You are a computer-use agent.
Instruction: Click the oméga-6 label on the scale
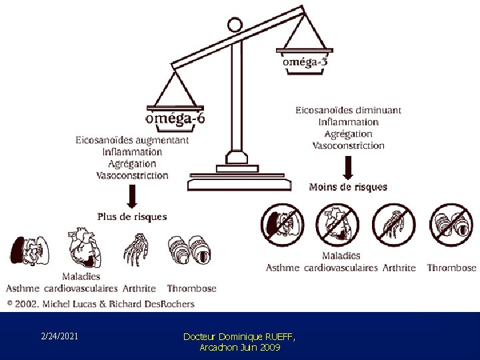[x=175, y=119]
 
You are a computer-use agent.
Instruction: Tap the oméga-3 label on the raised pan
[x=305, y=62]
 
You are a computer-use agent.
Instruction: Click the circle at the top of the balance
[x=235, y=25]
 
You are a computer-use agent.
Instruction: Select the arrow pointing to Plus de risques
[x=132, y=197]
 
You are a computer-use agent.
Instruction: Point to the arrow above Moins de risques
[x=348, y=168]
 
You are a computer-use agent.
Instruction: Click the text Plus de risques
[x=132, y=217]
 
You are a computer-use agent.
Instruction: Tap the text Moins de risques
[x=348, y=187]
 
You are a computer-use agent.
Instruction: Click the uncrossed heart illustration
[x=85, y=247]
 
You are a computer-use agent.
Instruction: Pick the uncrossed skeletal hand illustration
[x=136, y=249]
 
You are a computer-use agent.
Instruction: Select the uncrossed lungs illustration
[x=30, y=251]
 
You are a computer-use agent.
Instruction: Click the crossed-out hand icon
[x=394, y=225]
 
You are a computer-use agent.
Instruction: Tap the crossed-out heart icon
[x=337, y=225]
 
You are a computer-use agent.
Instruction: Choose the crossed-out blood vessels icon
[x=451, y=225]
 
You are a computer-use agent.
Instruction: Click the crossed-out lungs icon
[x=283, y=225]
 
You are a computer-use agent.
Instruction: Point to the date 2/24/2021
[x=59, y=336]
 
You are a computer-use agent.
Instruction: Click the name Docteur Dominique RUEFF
[x=239, y=337]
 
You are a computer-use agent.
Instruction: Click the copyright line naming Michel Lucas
[x=101, y=304]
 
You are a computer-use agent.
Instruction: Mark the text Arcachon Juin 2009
[x=240, y=347]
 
